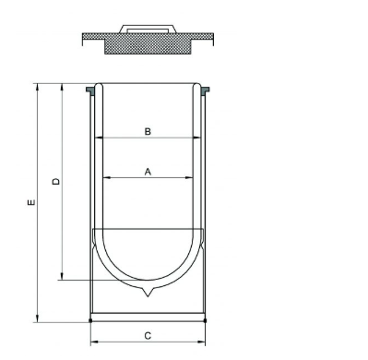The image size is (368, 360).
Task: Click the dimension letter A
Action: pyautogui.click(x=148, y=172)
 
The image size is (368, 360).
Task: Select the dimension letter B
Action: pyautogui.click(x=148, y=132)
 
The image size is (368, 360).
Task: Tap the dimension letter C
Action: pyautogui.click(x=148, y=336)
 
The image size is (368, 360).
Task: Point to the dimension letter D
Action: pyautogui.click(x=56, y=181)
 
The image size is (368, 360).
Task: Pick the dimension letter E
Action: pyautogui.click(x=31, y=202)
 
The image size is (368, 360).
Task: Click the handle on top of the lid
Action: pyautogui.click(x=148, y=29)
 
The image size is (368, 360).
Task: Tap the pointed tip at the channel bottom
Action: pyautogui.click(x=148, y=296)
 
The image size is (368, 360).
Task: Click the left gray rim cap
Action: pyautogui.click(x=90, y=90)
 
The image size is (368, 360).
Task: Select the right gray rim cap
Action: pyautogui.click(x=205, y=90)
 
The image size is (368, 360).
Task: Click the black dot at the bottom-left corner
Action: pyautogui.click(x=90, y=320)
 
